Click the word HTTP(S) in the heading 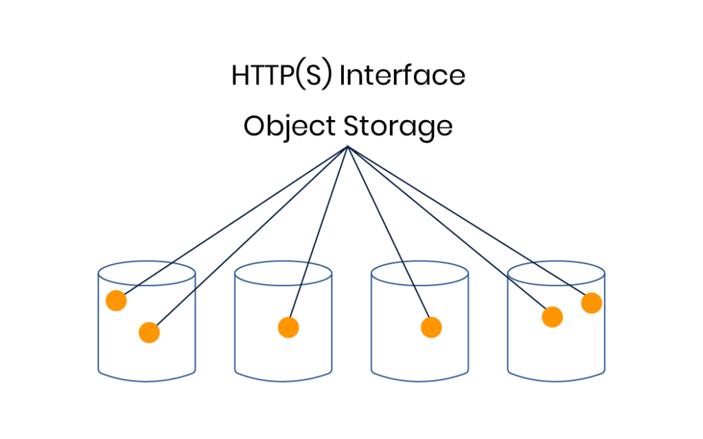[x=282, y=75]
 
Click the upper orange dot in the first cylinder [x=116, y=300]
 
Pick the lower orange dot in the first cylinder [x=149, y=333]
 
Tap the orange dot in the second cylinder [x=288, y=327]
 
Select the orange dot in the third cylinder [x=430, y=327]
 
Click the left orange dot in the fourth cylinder [x=552, y=317]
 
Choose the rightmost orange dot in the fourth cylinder [x=591, y=302]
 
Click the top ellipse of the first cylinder [x=147, y=270]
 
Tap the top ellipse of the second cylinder [x=283, y=270]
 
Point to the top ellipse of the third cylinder [x=419, y=270]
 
